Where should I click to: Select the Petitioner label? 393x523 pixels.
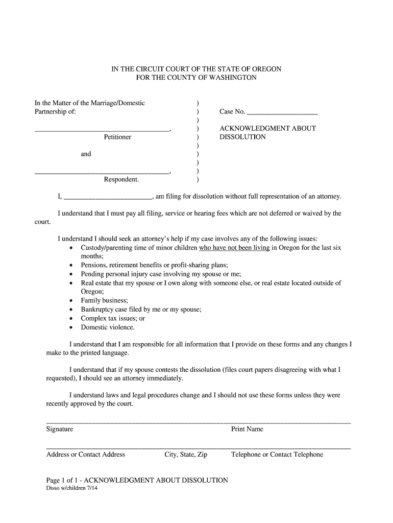[117, 137]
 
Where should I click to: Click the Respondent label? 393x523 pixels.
[121, 179]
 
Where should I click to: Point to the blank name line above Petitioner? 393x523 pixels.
[102, 130]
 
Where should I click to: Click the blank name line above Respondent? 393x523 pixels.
[102, 173]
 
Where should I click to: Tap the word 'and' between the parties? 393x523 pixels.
[86, 154]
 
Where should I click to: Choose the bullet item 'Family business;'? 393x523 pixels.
[104, 300]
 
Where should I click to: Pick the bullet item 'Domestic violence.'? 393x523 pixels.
[108, 327]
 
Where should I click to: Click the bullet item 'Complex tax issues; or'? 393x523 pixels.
[113, 318]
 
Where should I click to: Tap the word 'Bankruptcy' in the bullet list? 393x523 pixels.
[98, 310]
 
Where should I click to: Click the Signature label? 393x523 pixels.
[60, 429]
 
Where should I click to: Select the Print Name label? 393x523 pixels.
[247, 429]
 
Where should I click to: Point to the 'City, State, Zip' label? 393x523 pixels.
[186, 455]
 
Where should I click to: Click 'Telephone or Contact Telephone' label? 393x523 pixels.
[277, 455]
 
